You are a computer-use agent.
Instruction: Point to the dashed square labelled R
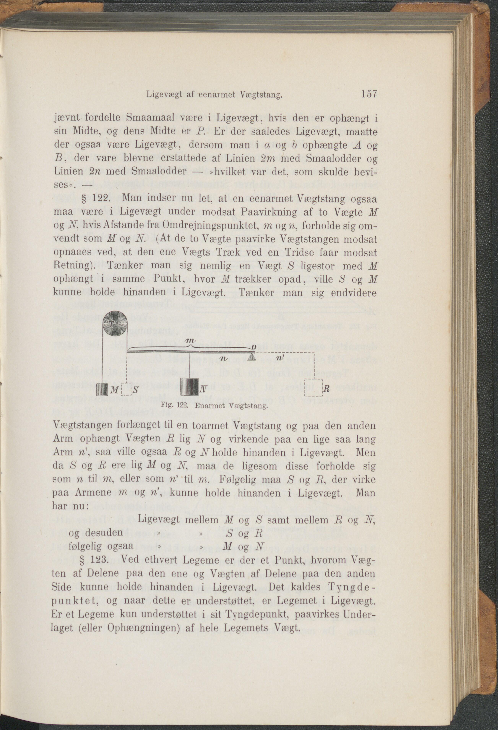(314, 388)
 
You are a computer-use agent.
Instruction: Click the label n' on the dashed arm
(281, 358)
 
